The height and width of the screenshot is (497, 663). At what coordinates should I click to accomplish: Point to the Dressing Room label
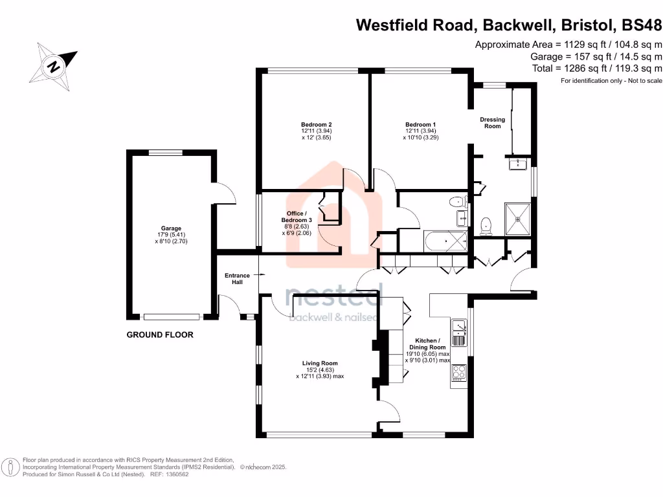[x=492, y=122]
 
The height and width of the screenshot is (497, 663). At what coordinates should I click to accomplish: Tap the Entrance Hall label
[x=237, y=280]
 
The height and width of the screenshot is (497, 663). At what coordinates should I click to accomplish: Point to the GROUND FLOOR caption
[x=159, y=335]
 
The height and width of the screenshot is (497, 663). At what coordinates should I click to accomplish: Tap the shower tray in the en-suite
[x=518, y=218]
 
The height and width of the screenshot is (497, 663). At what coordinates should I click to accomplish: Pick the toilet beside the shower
[x=486, y=225]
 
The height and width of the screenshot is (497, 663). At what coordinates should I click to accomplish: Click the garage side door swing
[x=223, y=192]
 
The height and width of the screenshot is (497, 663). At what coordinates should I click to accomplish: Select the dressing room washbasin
[x=519, y=164]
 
